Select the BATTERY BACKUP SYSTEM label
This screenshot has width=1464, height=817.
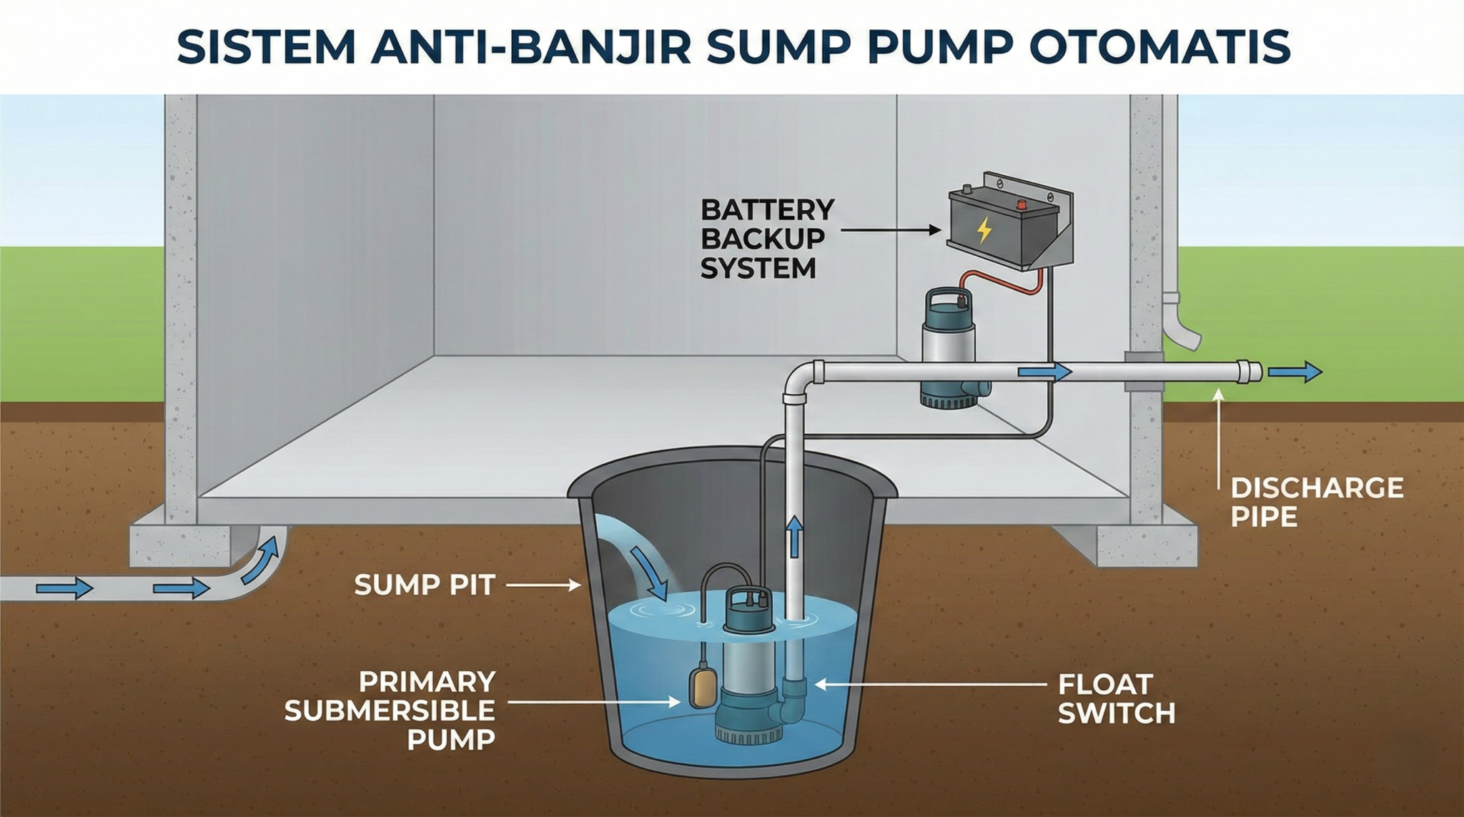point(766,239)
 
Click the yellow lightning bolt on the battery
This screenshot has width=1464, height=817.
point(984,230)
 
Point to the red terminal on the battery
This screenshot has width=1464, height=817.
point(1022,205)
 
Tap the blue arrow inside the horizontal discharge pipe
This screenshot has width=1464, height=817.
point(1044,372)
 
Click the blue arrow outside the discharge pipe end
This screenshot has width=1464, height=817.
point(1295,372)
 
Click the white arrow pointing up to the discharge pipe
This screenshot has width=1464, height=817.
point(1219,436)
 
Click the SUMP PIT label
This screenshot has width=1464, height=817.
point(425,585)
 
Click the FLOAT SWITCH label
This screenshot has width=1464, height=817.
point(1116,698)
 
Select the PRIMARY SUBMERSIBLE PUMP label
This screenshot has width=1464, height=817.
point(390,710)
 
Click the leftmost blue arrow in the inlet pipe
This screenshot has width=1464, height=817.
point(64,588)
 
